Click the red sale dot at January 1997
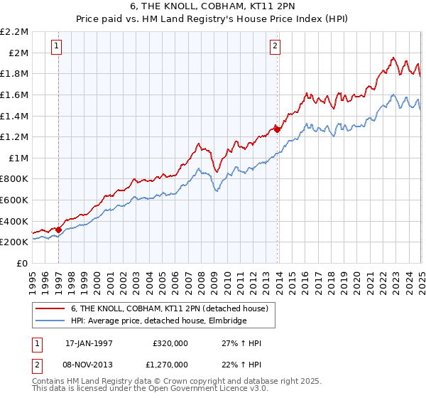coord(59,230)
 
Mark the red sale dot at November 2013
coord(277,129)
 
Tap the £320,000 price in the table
coord(170,343)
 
